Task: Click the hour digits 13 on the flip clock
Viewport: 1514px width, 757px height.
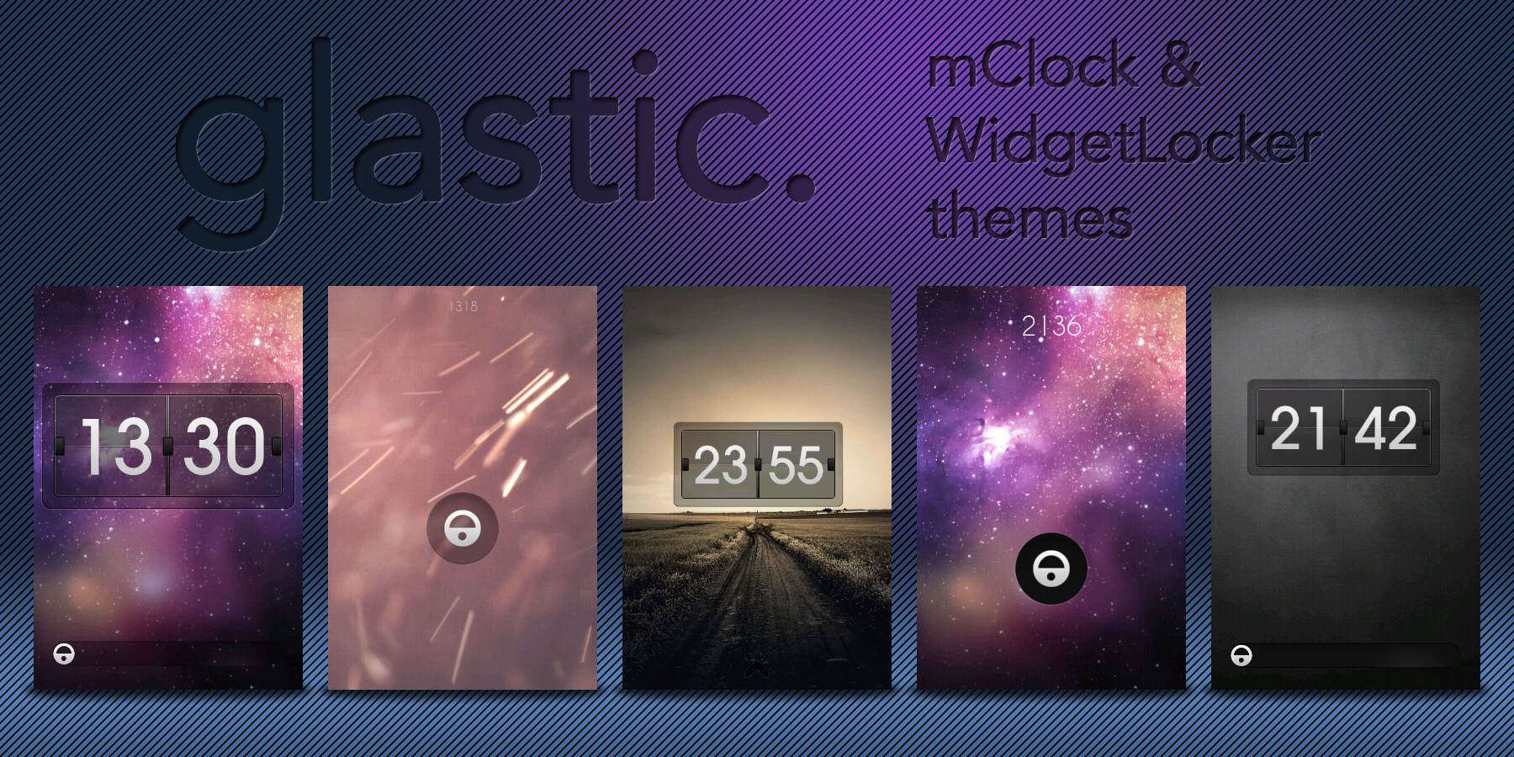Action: pyautogui.click(x=116, y=446)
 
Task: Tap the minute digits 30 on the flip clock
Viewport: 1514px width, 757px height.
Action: pyautogui.click(x=224, y=446)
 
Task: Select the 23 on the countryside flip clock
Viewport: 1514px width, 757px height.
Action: pyautogui.click(x=721, y=465)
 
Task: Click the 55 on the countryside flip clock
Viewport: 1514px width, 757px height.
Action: pyautogui.click(x=796, y=465)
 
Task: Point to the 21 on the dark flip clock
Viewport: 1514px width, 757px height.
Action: pyautogui.click(x=1298, y=428)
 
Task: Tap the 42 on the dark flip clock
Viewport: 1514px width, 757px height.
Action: pyautogui.click(x=1386, y=428)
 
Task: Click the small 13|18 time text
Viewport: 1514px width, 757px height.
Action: pyautogui.click(x=463, y=307)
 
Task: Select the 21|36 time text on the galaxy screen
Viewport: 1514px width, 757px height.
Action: pyautogui.click(x=1051, y=326)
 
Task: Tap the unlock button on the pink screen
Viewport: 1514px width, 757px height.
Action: pyautogui.click(x=463, y=528)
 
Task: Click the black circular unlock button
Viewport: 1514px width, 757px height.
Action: pyautogui.click(x=1051, y=569)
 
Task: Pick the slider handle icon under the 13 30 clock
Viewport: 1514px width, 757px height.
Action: pyautogui.click(x=64, y=654)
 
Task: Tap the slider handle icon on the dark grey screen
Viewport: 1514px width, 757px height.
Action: pyautogui.click(x=1241, y=655)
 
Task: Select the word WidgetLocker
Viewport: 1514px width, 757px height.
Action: pyautogui.click(x=1125, y=140)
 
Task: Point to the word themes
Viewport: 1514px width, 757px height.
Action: pyautogui.click(x=1030, y=216)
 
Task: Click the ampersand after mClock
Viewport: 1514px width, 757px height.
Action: pyautogui.click(x=1181, y=64)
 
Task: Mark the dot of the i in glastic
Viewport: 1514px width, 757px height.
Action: pyautogui.click(x=645, y=63)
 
